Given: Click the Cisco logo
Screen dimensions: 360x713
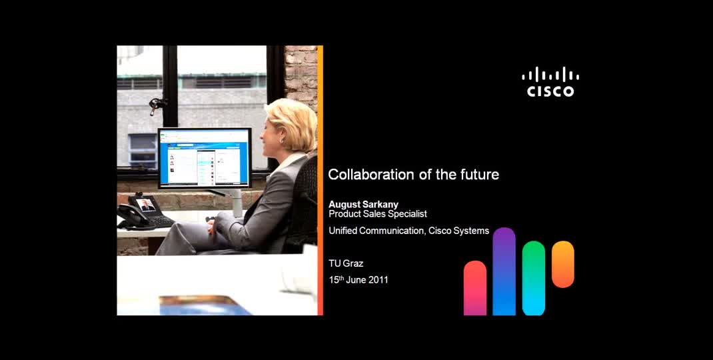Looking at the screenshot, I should point(550,82).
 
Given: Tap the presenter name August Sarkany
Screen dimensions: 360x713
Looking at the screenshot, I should point(363,205).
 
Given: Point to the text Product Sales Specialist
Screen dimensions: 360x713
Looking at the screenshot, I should point(378,214).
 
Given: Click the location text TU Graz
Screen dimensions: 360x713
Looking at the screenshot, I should point(346,263).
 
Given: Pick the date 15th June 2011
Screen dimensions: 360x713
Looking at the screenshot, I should point(358,280).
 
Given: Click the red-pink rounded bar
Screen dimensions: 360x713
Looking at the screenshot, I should point(475,288).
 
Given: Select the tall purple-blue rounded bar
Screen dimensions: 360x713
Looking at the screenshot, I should point(504,271).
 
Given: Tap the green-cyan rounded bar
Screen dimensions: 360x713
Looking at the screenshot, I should point(534,278).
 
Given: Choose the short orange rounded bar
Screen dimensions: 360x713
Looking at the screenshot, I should point(563,264).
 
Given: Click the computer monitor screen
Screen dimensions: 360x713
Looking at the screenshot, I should point(204,157).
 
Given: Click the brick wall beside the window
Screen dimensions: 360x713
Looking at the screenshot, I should point(301,73).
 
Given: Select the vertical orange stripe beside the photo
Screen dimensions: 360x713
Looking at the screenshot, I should point(321,180).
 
